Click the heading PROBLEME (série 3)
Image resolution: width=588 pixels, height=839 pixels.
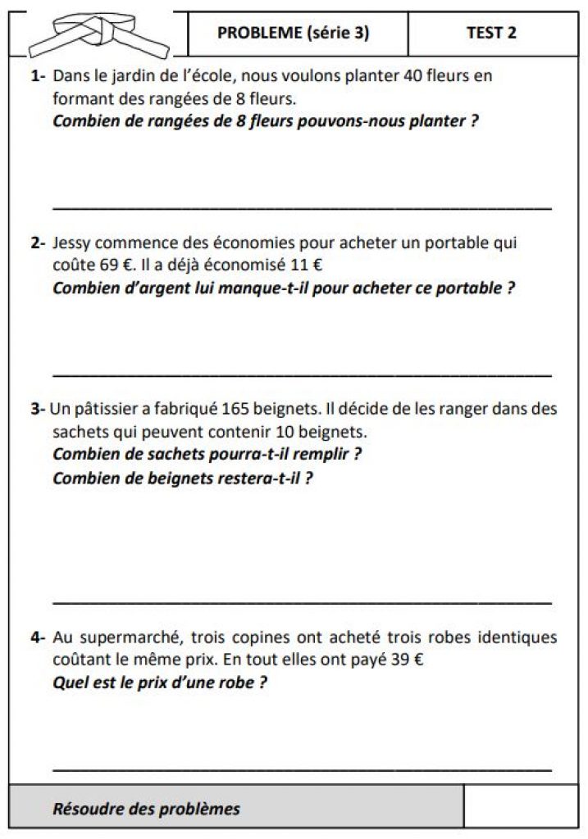pyautogui.click(x=293, y=33)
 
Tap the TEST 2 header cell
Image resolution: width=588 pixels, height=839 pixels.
pyautogui.click(x=491, y=33)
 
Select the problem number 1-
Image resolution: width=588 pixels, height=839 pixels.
pyautogui.click(x=38, y=77)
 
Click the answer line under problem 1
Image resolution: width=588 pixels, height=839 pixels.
pyautogui.click(x=301, y=208)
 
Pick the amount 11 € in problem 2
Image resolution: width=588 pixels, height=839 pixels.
pyautogui.click(x=306, y=265)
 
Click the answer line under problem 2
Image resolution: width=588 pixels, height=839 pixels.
pyautogui.click(x=301, y=374)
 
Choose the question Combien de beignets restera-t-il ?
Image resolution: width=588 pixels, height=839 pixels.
pyautogui.click(x=182, y=478)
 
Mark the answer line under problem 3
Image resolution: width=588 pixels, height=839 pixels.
pyautogui.click(x=301, y=602)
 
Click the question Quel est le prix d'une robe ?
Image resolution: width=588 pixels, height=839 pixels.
pyautogui.click(x=159, y=682)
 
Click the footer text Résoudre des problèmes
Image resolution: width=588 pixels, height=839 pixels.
pyautogui.click(x=146, y=810)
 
